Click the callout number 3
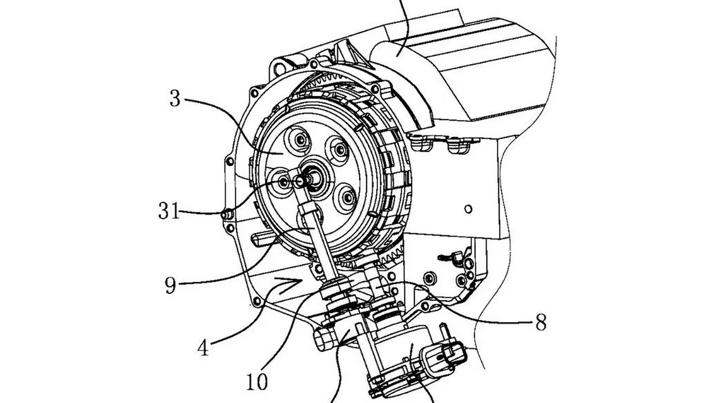175,99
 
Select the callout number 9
170,286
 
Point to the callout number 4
203,347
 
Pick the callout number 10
257,382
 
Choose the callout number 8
541,322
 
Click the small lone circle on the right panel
468,209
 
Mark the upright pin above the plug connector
443,331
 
